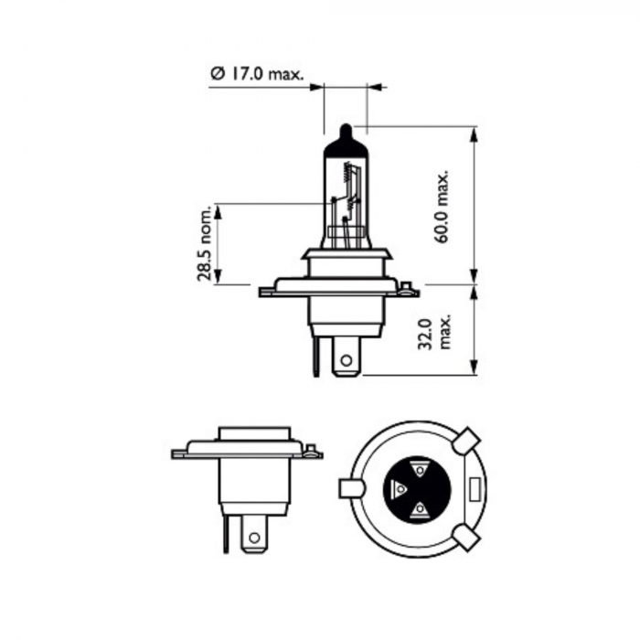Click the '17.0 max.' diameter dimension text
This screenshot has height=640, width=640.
[265, 73]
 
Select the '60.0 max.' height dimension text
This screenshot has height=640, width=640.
[443, 206]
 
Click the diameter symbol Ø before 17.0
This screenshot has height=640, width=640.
[217, 73]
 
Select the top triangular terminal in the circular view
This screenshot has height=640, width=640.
[419, 468]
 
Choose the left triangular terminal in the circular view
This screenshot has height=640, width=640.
[399, 488]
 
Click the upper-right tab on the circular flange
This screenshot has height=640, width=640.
[467, 442]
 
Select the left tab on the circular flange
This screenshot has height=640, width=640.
[351, 488]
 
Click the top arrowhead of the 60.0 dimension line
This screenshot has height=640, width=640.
[474, 133]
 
